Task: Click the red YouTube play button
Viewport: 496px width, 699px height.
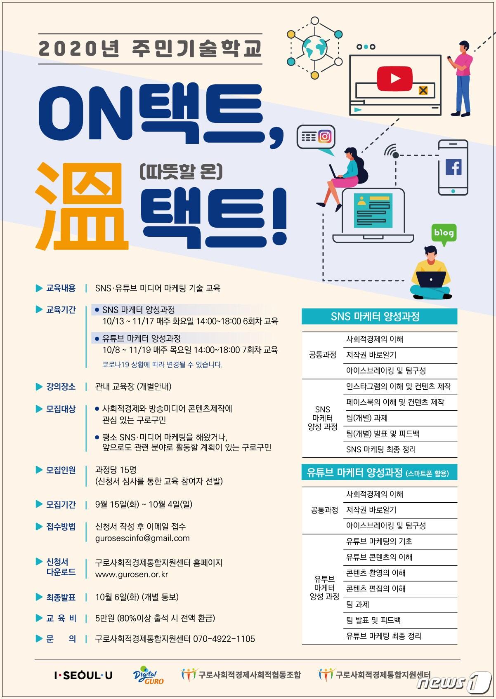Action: click(x=394, y=78)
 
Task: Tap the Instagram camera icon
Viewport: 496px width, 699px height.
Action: click(x=325, y=136)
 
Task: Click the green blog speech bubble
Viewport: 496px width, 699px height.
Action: click(x=444, y=233)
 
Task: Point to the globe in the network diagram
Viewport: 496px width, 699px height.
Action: click(x=314, y=47)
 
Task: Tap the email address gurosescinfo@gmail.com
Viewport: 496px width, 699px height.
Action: click(x=142, y=538)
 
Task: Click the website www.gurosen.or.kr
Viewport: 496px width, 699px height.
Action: click(x=132, y=574)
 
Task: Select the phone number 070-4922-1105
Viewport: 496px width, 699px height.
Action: click(x=224, y=639)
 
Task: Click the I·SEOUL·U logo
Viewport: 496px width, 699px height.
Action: click(x=83, y=675)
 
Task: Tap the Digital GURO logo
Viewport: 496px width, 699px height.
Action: click(x=148, y=675)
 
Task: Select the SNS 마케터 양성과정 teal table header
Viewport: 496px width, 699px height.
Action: click(x=379, y=317)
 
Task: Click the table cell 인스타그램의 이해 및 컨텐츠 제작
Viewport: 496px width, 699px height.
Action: click(x=398, y=387)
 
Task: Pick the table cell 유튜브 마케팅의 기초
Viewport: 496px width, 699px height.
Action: click(x=379, y=541)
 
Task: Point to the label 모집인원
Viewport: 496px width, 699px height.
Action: click(x=61, y=470)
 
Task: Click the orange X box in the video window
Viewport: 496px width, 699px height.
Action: click(x=423, y=90)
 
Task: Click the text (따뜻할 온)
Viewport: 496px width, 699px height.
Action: click(x=181, y=172)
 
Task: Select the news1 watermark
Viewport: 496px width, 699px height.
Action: click(x=454, y=682)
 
